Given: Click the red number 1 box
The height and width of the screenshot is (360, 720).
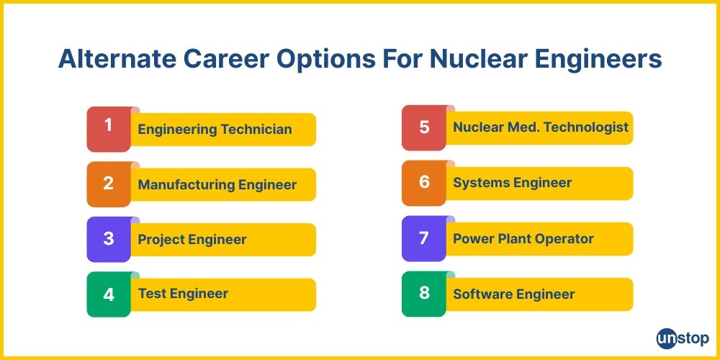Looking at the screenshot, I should [x=108, y=129].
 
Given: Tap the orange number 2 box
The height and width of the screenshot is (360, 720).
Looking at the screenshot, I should [x=108, y=184].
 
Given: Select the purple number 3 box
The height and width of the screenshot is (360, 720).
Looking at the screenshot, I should [x=108, y=239].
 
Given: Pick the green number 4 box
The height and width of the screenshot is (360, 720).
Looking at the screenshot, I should [x=108, y=294].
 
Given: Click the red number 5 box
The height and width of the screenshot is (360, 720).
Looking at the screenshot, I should [x=423, y=127].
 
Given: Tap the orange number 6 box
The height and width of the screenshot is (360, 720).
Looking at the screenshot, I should [x=423, y=183].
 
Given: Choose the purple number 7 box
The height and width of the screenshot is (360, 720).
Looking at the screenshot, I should [x=423, y=238].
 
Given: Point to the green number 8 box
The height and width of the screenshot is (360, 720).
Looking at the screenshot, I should [x=423, y=294].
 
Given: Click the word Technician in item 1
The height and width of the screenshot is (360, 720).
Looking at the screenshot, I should [x=256, y=130].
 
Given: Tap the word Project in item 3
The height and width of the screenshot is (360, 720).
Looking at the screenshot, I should [x=161, y=240].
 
